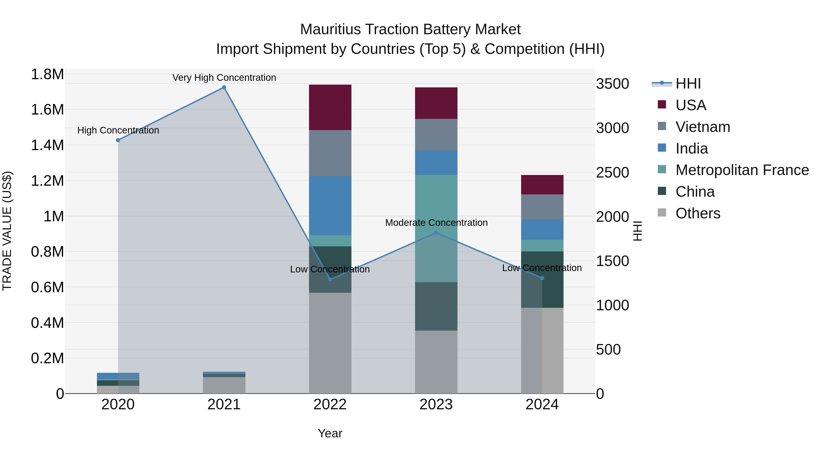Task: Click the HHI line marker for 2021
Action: tap(224, 87)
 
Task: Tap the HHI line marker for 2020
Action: tap(118, 140)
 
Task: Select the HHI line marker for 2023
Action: tap(436, 233)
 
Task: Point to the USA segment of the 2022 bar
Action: tap(330, 107)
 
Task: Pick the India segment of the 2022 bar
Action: tap(330, 206)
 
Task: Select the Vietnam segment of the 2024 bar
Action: tap(542, 207)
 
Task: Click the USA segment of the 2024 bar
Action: tap(542, 185)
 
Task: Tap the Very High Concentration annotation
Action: tap(224, 78)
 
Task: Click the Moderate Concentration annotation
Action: tap(436, 222)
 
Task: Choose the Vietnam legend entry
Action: tap(702, 127)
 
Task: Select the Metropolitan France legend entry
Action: tap(742, 170)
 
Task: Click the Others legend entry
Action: tap(698, 213)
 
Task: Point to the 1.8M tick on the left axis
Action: tap(47, 74)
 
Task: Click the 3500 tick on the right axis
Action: tap(613, 84)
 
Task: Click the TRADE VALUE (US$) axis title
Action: tap(7, 231)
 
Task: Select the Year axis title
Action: tap(330, 433)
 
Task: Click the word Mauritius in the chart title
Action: tap(330, 29)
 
